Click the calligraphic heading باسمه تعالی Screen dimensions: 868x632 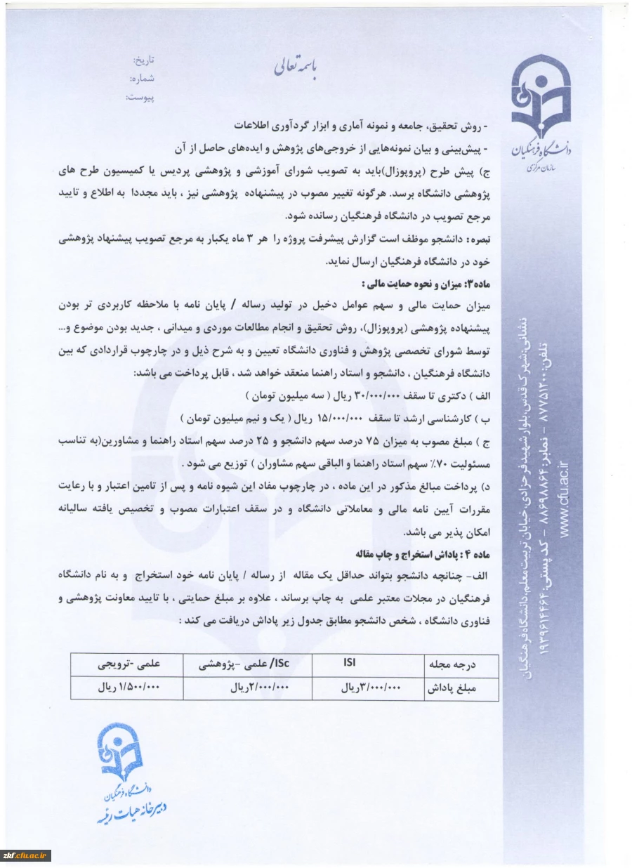296,67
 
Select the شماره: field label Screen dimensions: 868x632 142,79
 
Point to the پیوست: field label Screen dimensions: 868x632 140,97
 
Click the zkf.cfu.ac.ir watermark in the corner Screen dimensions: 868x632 26,855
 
